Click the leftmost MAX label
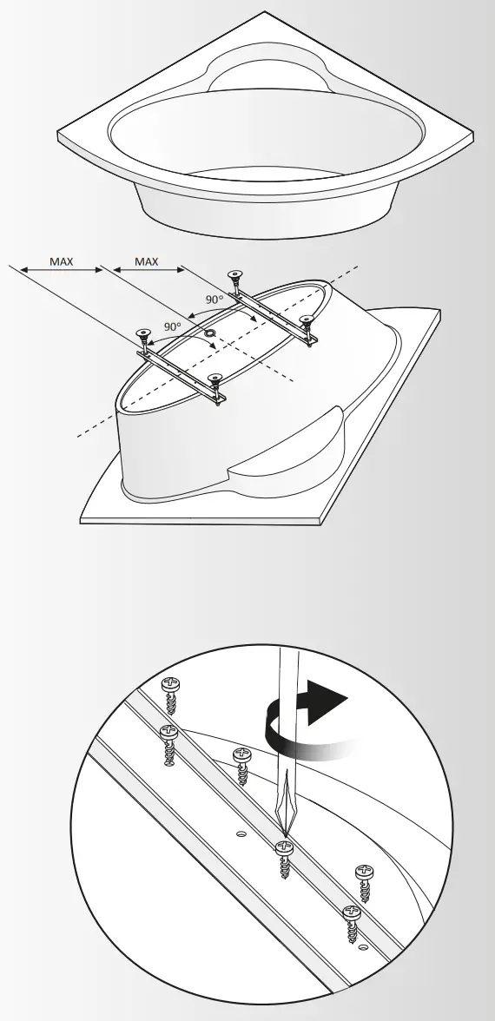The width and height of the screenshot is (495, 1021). click(61, 260)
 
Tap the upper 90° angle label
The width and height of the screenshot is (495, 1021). click(214, 299)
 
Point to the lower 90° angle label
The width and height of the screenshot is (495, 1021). click(173, 326)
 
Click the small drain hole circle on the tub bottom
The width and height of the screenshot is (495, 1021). click(209, 333)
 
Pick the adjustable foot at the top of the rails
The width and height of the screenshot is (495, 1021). click(234, 277)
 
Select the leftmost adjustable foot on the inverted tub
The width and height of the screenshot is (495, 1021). click(142, 333)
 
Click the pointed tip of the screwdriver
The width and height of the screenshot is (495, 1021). click(282, 834)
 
